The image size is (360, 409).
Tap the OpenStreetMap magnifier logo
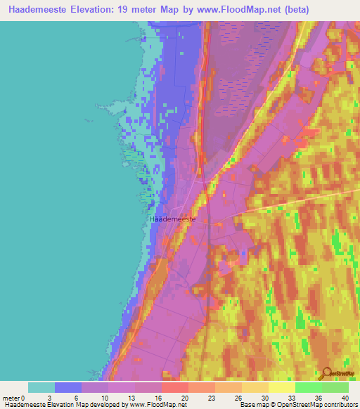tap(326, 373)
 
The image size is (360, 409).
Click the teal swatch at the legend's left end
tap(41, 387)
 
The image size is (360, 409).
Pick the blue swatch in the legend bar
tap(68, 387)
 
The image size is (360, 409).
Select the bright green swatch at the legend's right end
tap(335, 387)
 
